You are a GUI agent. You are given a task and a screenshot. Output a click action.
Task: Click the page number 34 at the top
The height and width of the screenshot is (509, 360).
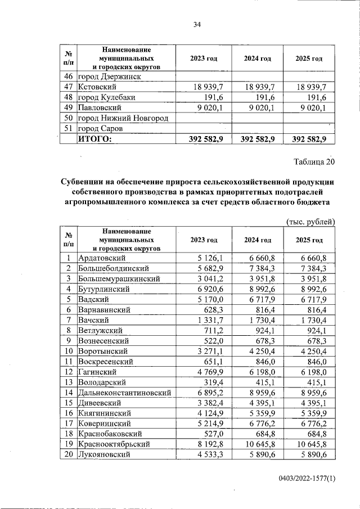pos(197,24)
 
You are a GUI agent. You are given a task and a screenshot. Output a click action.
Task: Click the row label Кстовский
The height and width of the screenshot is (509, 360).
pos(97,87)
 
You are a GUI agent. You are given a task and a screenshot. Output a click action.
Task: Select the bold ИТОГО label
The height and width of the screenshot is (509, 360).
pos(95,139)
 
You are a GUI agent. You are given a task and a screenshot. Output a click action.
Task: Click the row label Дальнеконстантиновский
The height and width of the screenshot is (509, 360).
pos(125,392)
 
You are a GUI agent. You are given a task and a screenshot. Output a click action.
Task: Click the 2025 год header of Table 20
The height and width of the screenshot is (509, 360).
pos(309,240)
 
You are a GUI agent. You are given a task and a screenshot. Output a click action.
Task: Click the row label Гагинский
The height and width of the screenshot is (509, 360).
pos(97,371)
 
